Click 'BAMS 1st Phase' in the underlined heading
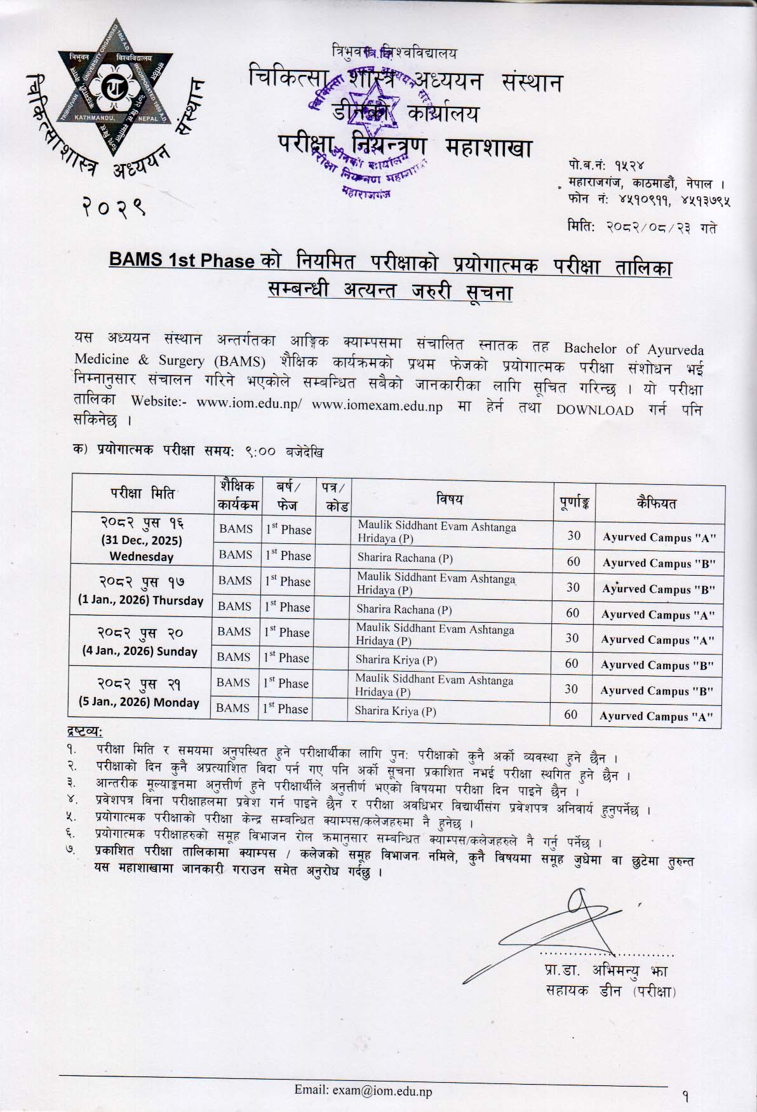[182, 261]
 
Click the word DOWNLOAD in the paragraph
[594, 410]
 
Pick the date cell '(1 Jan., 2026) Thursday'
[140, 600]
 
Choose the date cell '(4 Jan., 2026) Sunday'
[140, 651]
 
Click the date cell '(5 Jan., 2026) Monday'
[140, 702]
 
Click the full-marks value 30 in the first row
[573, 535]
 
